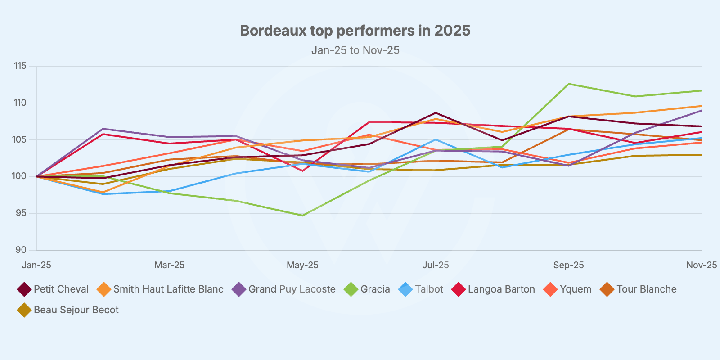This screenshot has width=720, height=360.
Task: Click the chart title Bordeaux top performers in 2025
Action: pos(355,31)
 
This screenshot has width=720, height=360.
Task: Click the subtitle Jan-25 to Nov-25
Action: pos(355,50)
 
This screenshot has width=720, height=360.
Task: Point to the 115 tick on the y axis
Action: pos(20,66)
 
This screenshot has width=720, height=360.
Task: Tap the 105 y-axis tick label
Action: pos(20,140)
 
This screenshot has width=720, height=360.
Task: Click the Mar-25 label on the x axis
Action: pos(169,265)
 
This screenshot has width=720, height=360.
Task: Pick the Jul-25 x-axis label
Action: pos(435,265)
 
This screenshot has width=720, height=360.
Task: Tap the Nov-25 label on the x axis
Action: pos(701,265)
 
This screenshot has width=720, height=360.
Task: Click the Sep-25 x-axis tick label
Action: pos(568,265)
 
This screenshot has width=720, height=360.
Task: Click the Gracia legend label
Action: pos(375,289)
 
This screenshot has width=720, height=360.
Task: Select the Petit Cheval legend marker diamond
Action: pos(24,289)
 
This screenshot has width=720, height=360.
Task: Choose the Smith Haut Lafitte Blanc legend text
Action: pos(168,289)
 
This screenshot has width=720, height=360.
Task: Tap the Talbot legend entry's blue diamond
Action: pos(405,289)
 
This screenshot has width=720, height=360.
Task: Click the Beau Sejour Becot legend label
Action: pos(76,310)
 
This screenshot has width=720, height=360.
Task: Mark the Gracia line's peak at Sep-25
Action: pos(569,84)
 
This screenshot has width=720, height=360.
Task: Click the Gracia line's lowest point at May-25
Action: pos(302,216)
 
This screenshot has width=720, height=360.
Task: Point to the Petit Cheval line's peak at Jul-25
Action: pos(436,113)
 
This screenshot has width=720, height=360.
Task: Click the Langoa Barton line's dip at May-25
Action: pos(302,171)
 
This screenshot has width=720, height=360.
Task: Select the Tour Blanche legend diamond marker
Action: pos(607,289)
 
